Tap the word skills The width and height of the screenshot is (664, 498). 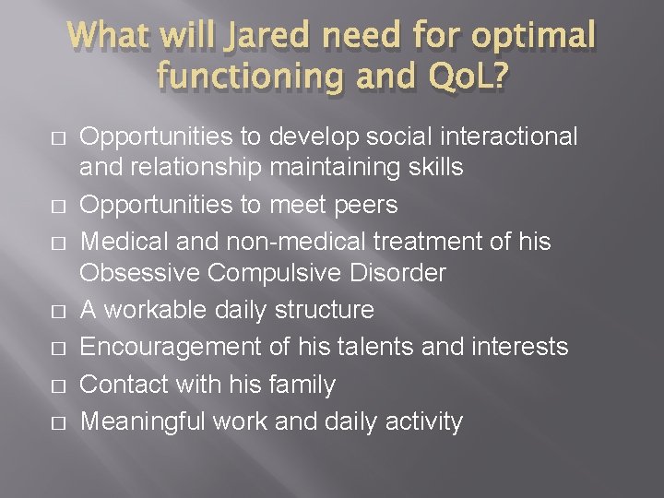click(x=432, y=169)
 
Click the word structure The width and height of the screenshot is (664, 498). click(x=326, y=310)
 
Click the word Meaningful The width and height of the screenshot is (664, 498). click(x=143, y=421)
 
